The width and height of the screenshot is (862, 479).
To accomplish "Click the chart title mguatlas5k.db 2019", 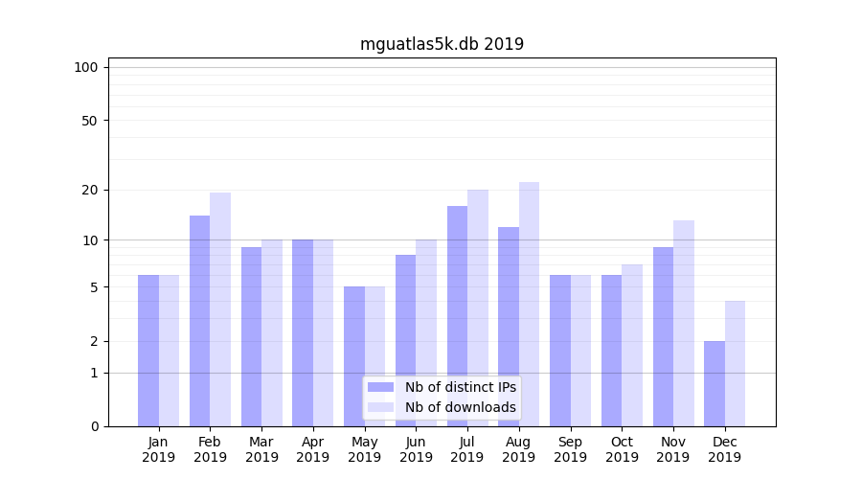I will click(442, 44).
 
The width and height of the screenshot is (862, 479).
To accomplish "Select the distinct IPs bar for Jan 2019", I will click(148, 351).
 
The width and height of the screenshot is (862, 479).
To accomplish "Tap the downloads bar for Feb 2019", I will click(220, 309).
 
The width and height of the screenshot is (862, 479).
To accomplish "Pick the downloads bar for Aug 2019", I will click(529, 304).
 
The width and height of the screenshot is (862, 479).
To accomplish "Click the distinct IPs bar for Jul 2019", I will click(457, 316).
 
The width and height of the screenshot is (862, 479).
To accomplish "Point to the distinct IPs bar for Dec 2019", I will click(715, 383).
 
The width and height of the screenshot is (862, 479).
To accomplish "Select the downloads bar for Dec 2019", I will click(735, 363).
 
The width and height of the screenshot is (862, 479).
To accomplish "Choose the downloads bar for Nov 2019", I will click(683, 323).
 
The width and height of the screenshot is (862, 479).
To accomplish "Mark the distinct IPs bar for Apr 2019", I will click(303, 332).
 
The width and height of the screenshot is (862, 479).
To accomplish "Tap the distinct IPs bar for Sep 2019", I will click(560, 351).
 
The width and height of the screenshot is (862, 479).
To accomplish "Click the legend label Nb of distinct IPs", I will click(460, 387).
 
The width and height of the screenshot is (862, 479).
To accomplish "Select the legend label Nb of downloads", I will click(460, 407).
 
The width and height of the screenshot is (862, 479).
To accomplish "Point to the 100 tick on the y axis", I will click(86, 67).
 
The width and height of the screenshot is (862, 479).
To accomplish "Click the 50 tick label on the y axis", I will click(89, 121).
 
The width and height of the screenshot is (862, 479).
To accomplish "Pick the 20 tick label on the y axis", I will click(89, 190).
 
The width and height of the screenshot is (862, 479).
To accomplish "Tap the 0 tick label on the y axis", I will click(94, 426).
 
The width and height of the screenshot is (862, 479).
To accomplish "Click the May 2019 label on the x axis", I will click(364, 449).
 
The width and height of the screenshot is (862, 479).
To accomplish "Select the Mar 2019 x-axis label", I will click(261, 449).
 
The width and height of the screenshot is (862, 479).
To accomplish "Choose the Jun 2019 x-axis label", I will click(416, 449).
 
